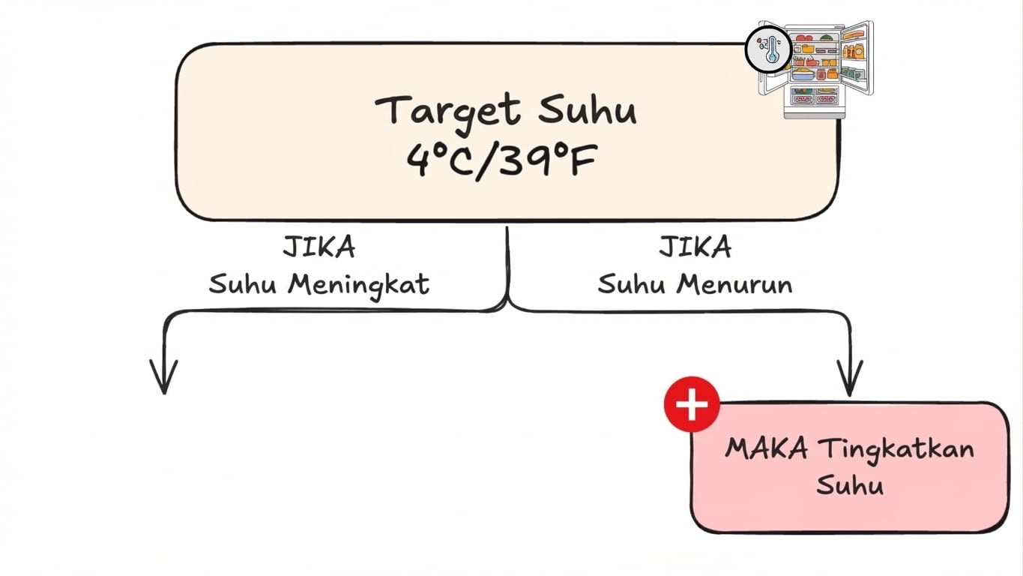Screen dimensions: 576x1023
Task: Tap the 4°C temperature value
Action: click(x=441, y=160)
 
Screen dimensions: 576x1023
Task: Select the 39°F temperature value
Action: click(x=549, y=160)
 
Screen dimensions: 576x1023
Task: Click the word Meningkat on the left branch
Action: click(x=359, y=286)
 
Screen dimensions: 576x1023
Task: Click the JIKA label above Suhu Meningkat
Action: click(x=319, y=247)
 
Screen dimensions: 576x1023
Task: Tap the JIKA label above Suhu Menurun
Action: click(x=695, y=247)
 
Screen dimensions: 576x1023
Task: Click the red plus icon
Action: click(x=691, y=405)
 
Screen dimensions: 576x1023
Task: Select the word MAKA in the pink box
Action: click(x=767, y=449)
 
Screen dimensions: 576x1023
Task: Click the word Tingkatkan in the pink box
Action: click(x=896, y=449)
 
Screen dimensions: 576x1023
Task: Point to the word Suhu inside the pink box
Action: click(x=849, y=485)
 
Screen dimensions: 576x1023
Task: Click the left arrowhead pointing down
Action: click(x=163, y=379)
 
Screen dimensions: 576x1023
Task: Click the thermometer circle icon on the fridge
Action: click(x=768, y=50)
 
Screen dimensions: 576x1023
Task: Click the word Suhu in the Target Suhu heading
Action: click(x=587, y=110)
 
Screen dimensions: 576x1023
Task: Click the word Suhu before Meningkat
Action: click(x=244, y=286)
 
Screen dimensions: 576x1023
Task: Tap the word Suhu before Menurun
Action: click(x=632, y=286)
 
